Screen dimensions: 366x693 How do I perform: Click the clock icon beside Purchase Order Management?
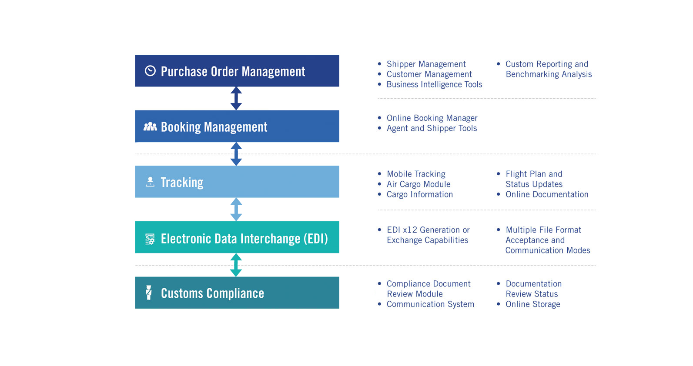point(150,71)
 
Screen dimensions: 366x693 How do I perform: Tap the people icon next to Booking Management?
point(150,126)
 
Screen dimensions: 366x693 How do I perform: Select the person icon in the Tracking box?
point(150,182)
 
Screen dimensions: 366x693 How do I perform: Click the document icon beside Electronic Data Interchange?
point(150,239)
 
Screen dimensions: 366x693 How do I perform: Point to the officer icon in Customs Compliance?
point(149,293)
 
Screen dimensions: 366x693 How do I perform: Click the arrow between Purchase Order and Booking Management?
point(236,98)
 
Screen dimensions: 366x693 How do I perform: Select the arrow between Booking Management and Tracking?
point(236,154)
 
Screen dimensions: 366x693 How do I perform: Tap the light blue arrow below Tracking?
point(236,210)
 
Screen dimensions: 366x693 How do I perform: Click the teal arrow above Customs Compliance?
point(236,265)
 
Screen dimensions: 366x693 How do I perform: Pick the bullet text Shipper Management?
point(426,64)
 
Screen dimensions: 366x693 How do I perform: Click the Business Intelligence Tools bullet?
point(434,85)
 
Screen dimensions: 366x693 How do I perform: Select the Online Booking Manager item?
point(432,118)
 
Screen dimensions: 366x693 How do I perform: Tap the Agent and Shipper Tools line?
point(432,128)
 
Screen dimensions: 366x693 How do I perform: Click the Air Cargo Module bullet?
point(418,184)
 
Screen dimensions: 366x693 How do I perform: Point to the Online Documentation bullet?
point(546,195)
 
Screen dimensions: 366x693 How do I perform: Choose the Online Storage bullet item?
point(532,304)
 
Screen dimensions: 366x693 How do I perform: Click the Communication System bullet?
point(430,304)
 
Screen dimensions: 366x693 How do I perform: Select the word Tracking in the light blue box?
point(182,182)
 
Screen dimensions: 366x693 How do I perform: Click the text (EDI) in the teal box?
point(315,239)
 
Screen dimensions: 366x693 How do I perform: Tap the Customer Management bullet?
point(429,74)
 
